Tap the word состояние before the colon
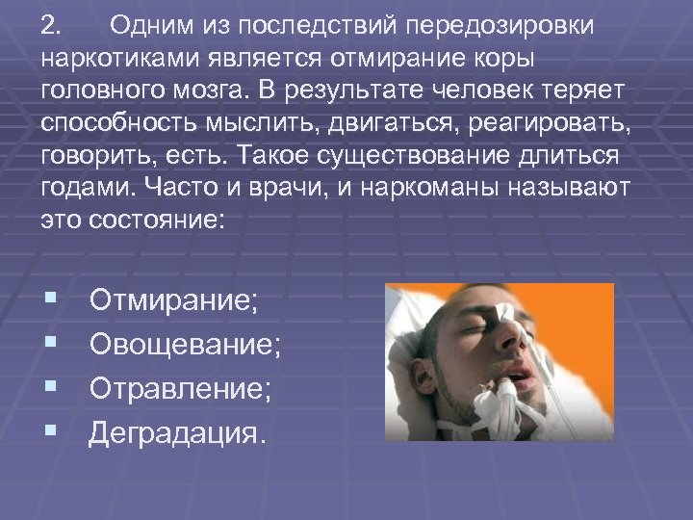tap(153, 222)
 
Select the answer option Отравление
tap(180, 390)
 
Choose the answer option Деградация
tap(175, 433)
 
